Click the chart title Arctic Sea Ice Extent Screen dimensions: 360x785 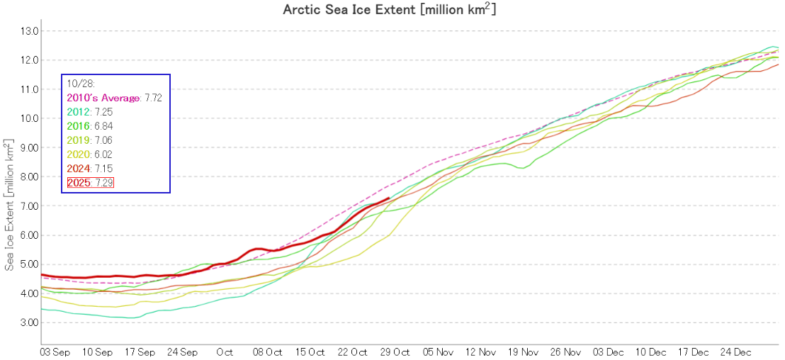[389, 9]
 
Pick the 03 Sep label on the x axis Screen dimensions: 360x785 [55, 351]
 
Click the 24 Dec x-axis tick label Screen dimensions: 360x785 [736, 351]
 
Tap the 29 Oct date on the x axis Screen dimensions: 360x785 [395, 351]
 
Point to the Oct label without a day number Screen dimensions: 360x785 [225, 351]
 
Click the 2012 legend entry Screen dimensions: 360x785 [78, 112]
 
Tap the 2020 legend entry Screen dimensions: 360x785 [78, 154]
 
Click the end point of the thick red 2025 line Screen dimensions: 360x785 [389, 198]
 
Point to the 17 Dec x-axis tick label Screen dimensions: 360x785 [694, 351]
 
